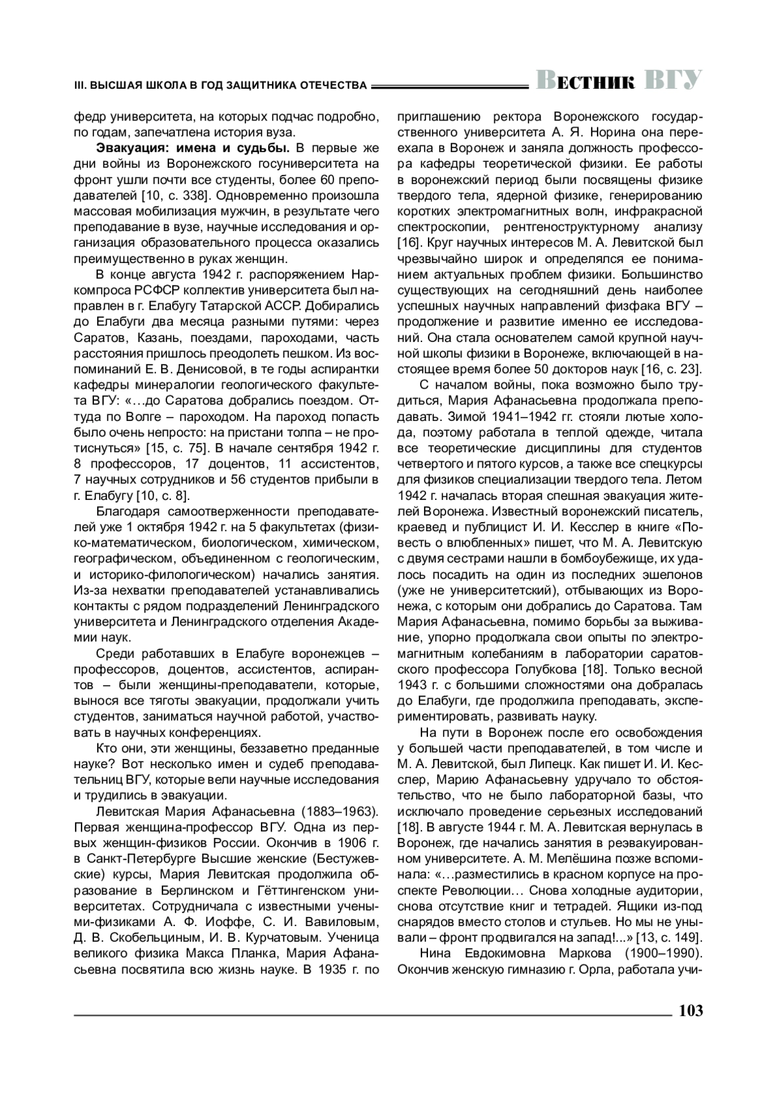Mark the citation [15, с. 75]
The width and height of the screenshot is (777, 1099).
point(171,448)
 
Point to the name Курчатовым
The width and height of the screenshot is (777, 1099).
point(271,937)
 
